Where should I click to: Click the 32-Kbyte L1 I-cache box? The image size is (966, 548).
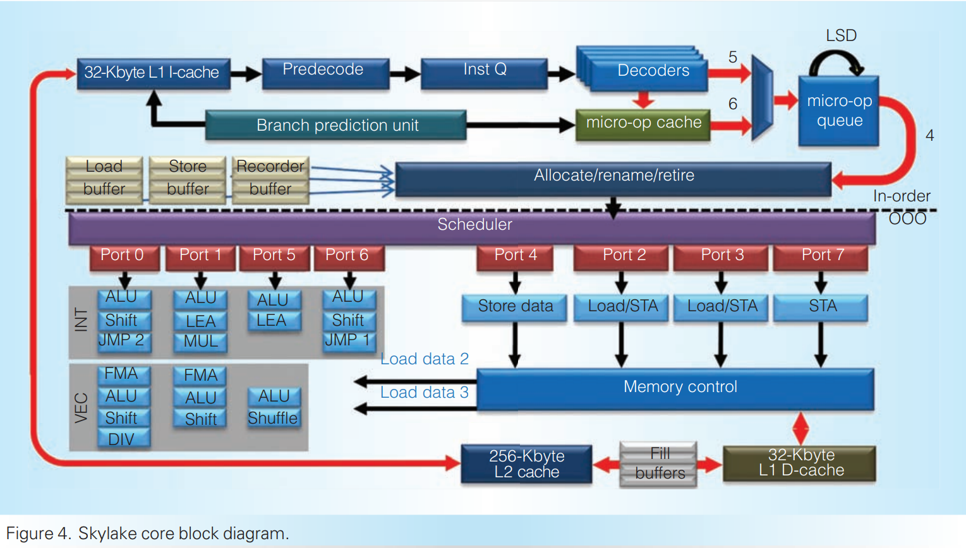click(153, 73)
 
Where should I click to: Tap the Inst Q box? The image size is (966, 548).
click(484, 71)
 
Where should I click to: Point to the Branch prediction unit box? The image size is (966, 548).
click(336, 125)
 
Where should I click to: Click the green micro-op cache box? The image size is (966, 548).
click(643, 124)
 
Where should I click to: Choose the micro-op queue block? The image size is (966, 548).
click(838, 111)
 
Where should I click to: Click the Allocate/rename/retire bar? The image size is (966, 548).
click(613, 177)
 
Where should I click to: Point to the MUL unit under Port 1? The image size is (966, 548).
click(200, 342)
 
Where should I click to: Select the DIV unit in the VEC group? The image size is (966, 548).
click(123, 439)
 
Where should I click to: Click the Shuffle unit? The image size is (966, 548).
click(273, 418)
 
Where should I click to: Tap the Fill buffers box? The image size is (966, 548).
click(658, 464)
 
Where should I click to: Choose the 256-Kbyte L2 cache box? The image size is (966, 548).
click(526, 464)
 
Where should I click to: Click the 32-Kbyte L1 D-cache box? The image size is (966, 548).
click(800, 463)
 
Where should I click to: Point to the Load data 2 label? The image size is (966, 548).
click(425, 359)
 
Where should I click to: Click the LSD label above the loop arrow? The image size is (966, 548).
click(841, 36)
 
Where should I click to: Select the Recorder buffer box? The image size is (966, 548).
click(270, 179)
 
